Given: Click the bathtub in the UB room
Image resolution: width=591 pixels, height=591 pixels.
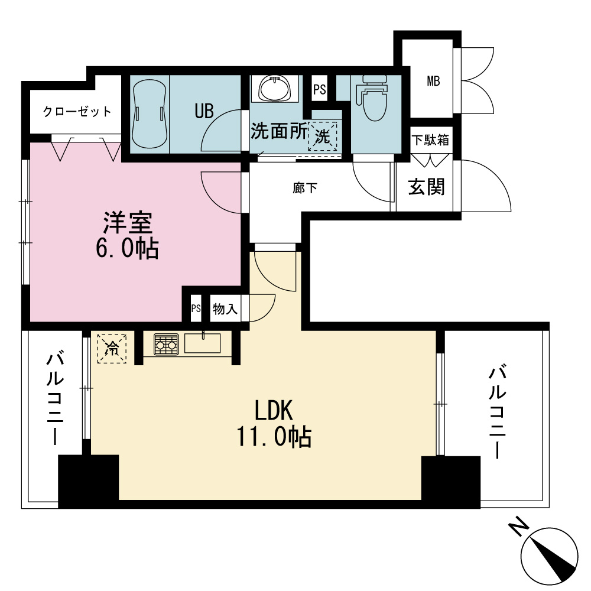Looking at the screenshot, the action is coord(150,114).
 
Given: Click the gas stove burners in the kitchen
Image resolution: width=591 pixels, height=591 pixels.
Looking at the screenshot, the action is coord(166,344).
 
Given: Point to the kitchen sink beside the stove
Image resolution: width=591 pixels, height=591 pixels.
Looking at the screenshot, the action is coord(202,343).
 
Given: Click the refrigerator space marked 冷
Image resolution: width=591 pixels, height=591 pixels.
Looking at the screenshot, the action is coord(112,349).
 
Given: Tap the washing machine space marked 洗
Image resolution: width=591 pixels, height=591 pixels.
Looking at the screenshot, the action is coord(322,136).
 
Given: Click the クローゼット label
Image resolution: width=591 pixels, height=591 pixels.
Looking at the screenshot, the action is coord(77,112).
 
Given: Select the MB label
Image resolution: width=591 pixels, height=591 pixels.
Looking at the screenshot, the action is coord(433,80).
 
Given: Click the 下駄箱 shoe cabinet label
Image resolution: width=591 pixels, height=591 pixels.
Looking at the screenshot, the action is coord(430,140).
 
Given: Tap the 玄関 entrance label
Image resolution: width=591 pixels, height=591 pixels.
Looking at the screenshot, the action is coord(427,187).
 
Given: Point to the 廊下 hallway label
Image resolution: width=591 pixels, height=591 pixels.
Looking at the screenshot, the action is coord(305,188).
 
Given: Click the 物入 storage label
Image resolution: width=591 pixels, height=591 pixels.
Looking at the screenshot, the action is coord(225,309).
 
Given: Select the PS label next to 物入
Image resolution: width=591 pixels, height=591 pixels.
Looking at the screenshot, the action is coord(196,309).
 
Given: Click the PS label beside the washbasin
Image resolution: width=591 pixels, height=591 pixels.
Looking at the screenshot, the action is coord(320,89).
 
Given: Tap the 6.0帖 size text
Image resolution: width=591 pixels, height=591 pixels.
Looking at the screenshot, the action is coord(127,248).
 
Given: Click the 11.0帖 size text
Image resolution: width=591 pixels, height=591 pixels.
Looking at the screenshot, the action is coord(274,437).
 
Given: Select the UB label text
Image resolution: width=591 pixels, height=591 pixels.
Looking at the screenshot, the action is coord(204,111).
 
